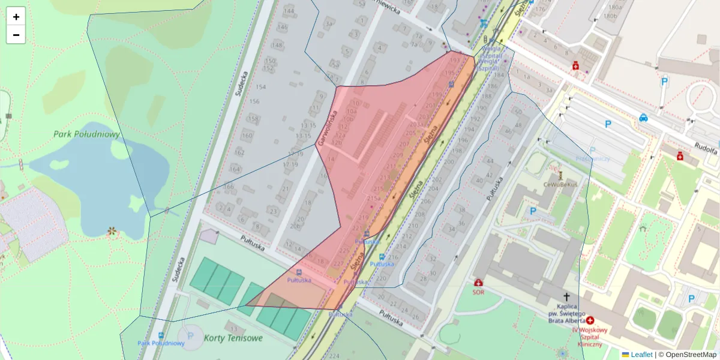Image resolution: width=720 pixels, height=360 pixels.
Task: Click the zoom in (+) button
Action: coord(16,17)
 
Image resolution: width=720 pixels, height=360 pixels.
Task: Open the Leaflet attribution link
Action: coord(641,355)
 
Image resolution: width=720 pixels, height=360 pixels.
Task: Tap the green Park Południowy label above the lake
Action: coord(86,134)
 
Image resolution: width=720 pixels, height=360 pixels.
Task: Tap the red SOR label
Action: coord(478,292)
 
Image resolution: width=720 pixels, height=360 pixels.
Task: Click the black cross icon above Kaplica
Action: coord(566,296)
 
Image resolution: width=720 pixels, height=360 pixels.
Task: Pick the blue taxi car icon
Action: coord(643,118)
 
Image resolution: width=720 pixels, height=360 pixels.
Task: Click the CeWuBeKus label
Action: coord(560,184)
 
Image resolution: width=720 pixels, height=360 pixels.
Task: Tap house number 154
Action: coord(260,87)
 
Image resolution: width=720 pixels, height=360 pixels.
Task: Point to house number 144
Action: coord(290,11)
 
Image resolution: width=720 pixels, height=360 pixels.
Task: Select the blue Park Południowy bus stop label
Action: coord(161,343)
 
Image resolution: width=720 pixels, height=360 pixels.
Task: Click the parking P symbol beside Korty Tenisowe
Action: coord(191,336)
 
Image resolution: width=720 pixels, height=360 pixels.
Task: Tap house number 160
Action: coord(247,136)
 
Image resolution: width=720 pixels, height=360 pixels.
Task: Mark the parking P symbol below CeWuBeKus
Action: coord(533,211)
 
